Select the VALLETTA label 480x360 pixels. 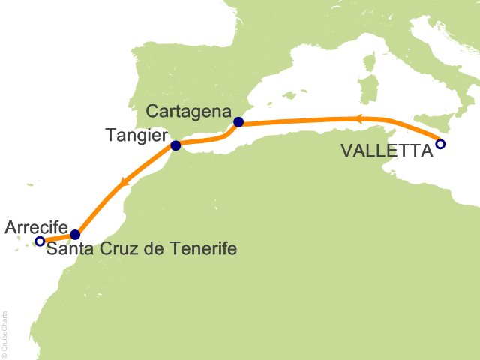tap(387, 151)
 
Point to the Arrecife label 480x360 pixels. tap(37, 226)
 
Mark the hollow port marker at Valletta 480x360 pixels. tap(440, 144)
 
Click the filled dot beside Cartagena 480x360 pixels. tap(238, 122)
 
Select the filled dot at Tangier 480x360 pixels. tap(175, 145)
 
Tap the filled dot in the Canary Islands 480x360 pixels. tap(74, 235)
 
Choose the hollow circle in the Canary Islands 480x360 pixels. tap(40, 241)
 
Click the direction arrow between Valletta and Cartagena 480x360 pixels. tap(358, 118)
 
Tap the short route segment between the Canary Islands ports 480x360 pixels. tap(57, 238)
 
